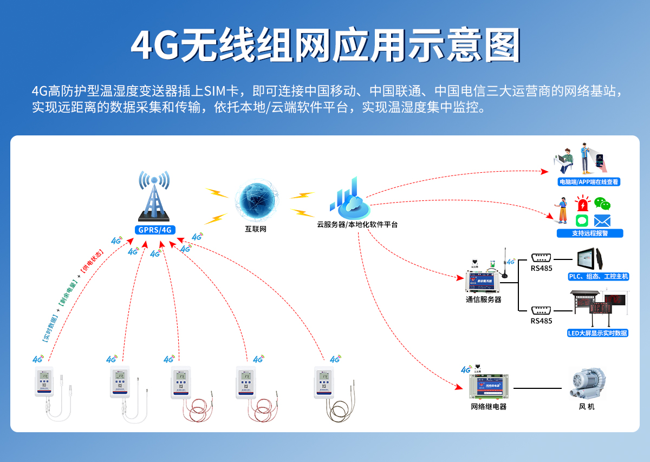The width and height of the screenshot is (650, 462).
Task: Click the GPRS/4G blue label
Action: click(x=155, y=230)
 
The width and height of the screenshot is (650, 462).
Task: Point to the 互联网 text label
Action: click(x=256, y=229)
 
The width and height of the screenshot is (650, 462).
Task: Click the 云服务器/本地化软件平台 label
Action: click(x=357, y=224)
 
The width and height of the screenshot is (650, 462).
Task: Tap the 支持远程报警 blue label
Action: click(x=590, y=233)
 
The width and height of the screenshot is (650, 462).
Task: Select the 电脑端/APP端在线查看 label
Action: click(x=589, y=183)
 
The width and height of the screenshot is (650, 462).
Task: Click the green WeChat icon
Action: click(x=602, y=204)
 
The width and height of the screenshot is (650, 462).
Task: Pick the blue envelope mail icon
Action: click(x=602, y=221)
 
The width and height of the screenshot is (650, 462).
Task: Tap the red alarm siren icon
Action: click(x=582, y=205)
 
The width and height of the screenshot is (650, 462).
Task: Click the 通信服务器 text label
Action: click(x=484, y=299)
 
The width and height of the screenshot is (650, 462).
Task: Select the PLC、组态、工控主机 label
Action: click(x=598, y=277)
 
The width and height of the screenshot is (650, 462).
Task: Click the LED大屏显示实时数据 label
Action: click(x=597, y=333)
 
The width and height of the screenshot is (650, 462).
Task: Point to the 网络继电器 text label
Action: click(x=489, y=406)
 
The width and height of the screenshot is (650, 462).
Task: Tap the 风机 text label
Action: click(x=587, y=406)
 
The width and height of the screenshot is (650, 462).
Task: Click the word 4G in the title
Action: click(x=155, y=45)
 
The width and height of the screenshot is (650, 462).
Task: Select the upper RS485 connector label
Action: click(x=542, y=268)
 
